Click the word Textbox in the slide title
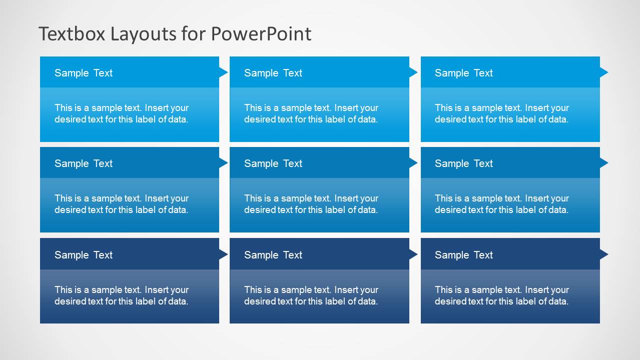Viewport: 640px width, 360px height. pyautogui.click(x=72, y=34)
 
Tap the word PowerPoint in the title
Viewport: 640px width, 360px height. pyautogui.click(x=261, y=34)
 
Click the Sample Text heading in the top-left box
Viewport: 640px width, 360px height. pyautogui.click(x=84, y=73)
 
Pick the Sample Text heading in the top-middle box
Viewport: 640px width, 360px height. pyautogui.click(x=273, y=73)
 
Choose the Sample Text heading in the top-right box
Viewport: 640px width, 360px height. pyautogui.click(x=464, y=73)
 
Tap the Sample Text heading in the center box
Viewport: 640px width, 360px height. pyautogui.click(x=273, y=163)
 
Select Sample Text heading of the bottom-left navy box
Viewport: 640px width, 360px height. pyautogui.click(x=84, y=255)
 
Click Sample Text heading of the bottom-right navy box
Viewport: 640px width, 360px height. pyautogui.click(x=464, y=255)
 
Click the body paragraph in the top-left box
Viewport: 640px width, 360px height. pyautogui.click(x=122, y=113)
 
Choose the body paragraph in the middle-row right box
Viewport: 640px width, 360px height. pyautogui.click(x=502, y=204)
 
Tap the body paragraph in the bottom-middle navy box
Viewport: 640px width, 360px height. pyautogui.click(x=311, y=295)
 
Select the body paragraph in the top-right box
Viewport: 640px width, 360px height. pyautogui.click(x=502, y=113)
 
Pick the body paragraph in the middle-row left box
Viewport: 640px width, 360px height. pyautogui.click(x=122, y=204)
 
